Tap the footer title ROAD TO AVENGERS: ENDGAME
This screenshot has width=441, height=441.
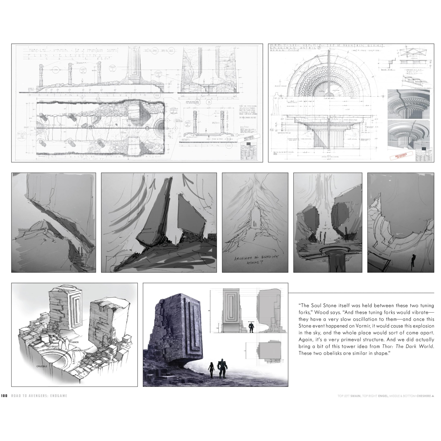pos(39,396)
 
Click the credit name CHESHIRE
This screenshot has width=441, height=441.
pos(424,396)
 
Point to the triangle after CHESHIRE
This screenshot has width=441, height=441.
pos(433,396)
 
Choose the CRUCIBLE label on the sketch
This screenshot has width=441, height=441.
pos(42,366)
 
